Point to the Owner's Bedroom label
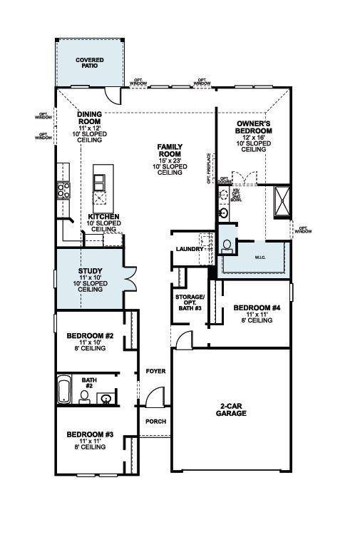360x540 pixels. coord(254,136)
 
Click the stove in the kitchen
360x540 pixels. coord(63,190)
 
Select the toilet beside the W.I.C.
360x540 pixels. coord(227,245)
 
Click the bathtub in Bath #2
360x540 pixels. coord(64,392)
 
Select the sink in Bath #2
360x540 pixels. coord(106,397)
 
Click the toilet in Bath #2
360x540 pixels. coord(84,395)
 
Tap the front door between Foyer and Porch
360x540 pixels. coord(152,399)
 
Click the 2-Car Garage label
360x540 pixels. coord(232,409)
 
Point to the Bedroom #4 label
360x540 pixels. coord(254,312)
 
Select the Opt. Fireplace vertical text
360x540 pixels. coord(209,168)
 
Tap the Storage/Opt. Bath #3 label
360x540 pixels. coord(190,302)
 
